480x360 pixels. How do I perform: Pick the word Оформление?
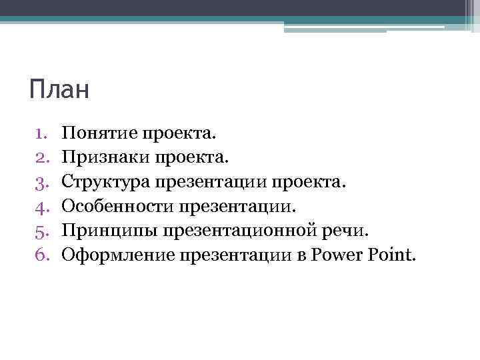tap(115, 254)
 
